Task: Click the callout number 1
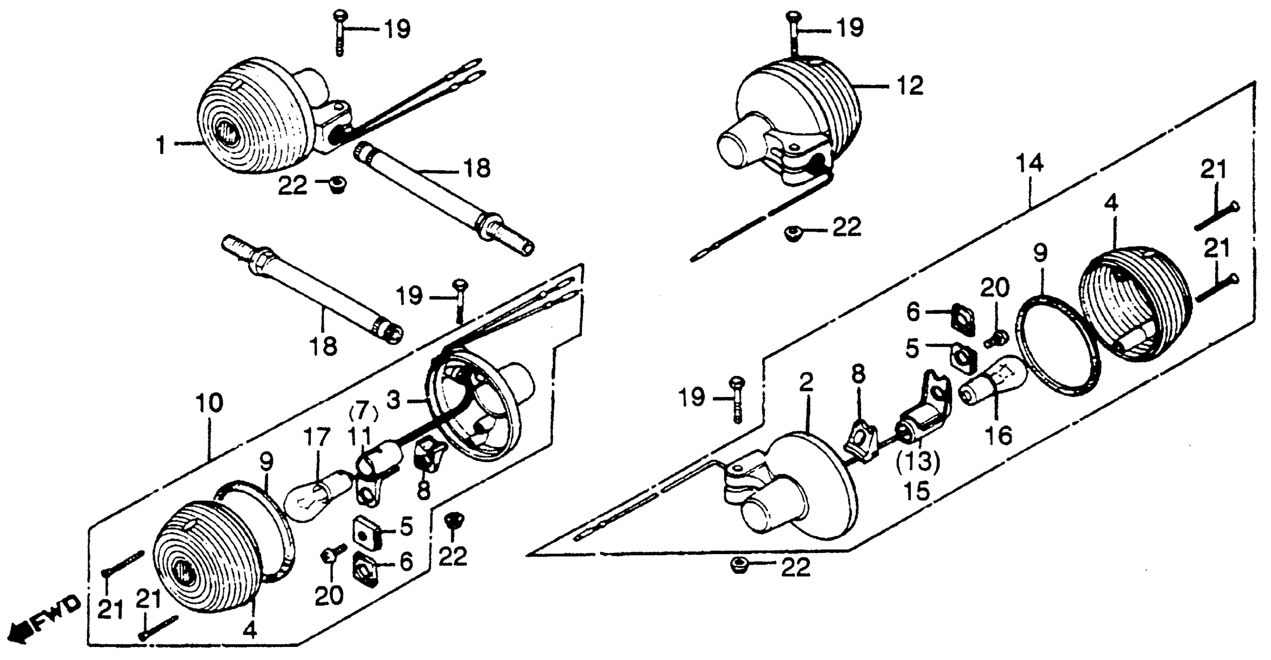161,145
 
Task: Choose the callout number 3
394,399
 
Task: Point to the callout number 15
918,490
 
